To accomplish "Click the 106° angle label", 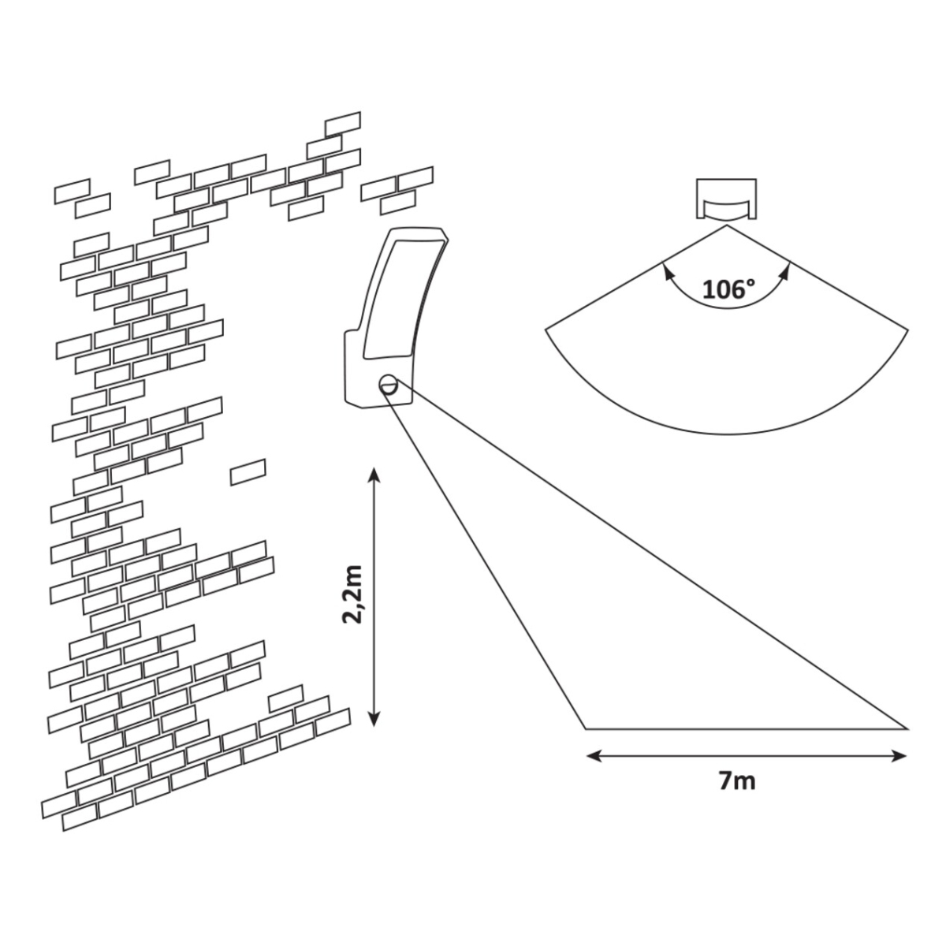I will [724, 289].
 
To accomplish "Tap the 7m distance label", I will [737, 781].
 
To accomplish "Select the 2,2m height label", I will [352, 594].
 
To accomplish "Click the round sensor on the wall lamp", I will [389, 384].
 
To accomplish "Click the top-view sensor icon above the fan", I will [725, 200].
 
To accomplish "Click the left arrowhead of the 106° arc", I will [666, 270].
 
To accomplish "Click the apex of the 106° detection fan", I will [725, 226].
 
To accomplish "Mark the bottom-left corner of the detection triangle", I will [586, 728].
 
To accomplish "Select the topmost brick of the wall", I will [342, 124].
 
